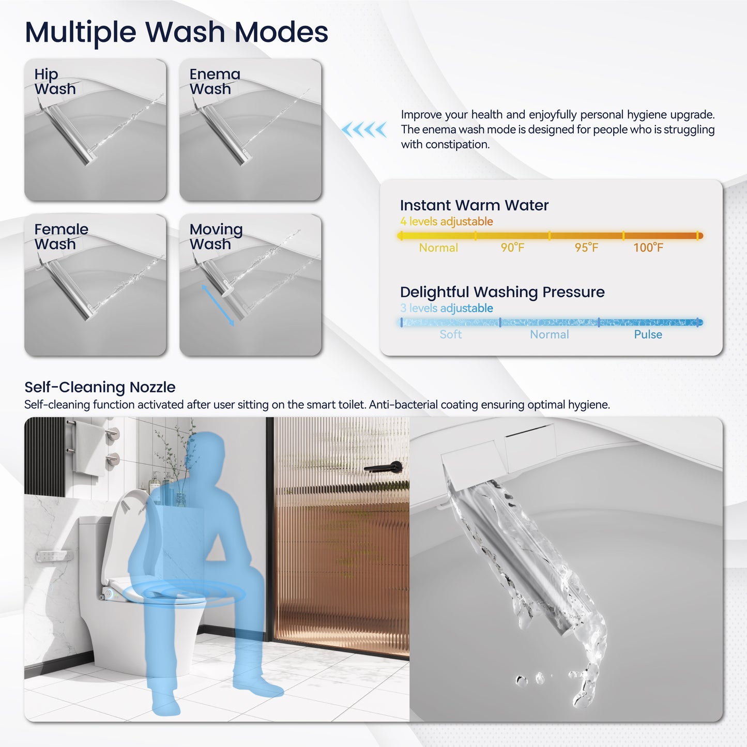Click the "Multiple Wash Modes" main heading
176,32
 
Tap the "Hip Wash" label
55,82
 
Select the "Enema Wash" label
215,82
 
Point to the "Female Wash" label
61,236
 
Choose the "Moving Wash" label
216,236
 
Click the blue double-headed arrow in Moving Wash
218,306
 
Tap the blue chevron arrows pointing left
364,129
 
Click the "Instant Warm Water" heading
474,205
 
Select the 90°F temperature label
512,248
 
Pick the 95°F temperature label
586,248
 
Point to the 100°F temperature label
648,248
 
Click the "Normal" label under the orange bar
438,248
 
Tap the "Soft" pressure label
450,334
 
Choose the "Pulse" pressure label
648,334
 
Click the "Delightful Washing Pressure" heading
502,292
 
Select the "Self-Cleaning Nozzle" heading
100,387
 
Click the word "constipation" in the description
456,145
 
